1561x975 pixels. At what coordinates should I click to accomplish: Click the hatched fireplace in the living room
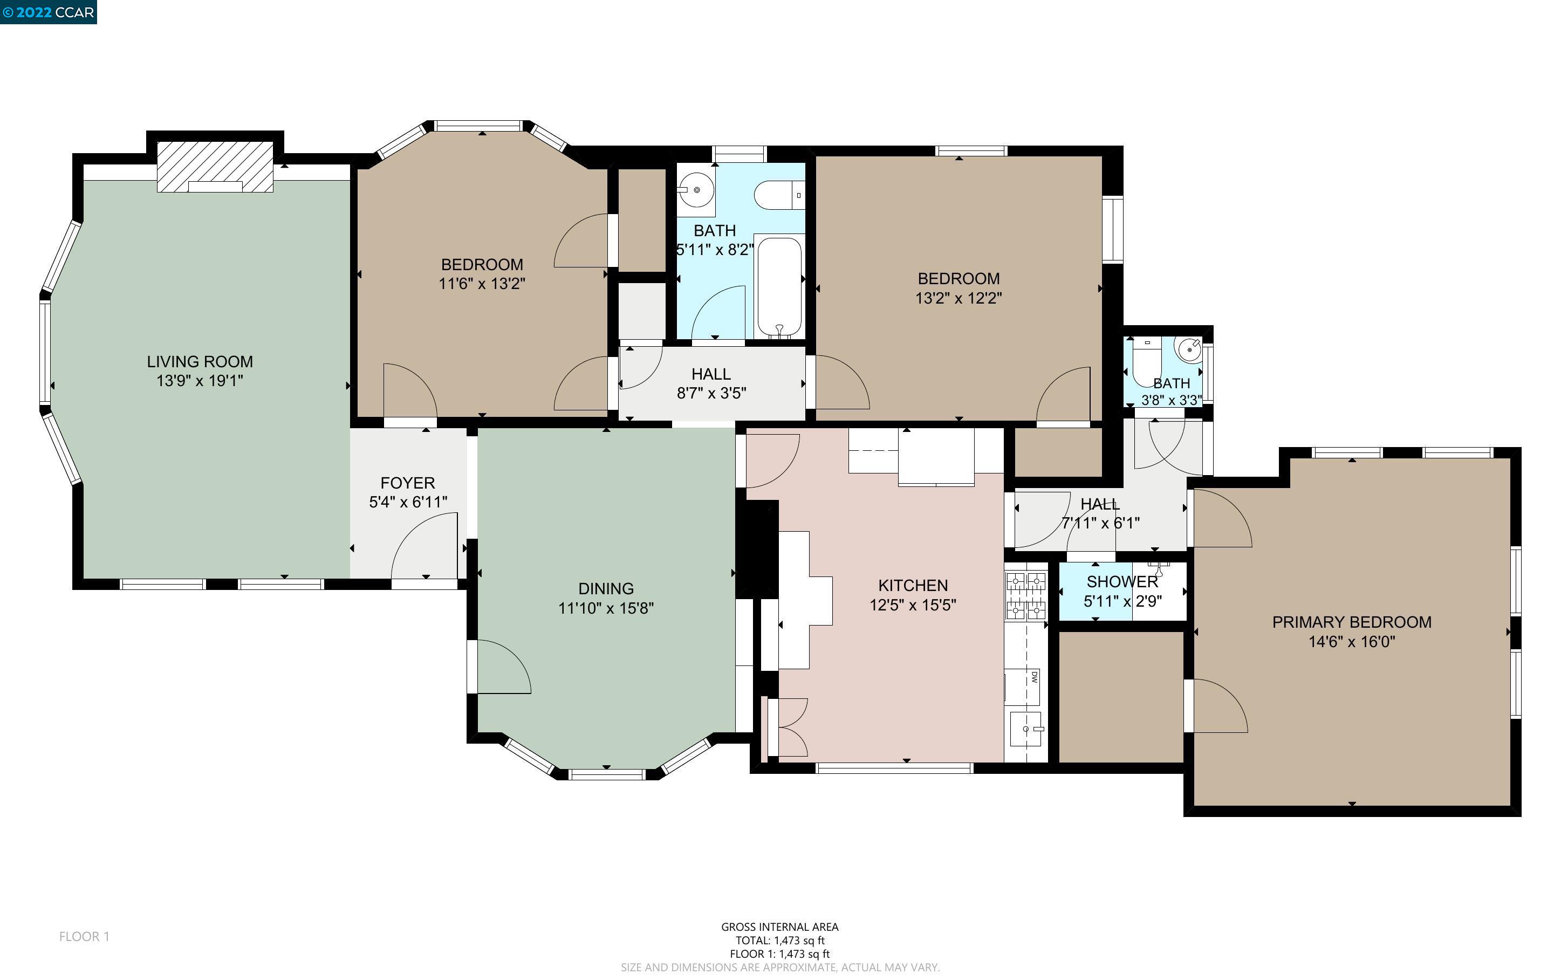215,167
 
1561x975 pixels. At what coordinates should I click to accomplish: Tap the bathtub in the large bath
779,285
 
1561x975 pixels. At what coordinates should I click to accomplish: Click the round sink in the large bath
696,190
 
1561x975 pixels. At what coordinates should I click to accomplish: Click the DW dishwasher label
1033,677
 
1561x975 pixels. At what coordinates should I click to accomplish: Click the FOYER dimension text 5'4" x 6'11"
407,502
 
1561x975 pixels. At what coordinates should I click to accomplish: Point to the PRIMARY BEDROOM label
1352,622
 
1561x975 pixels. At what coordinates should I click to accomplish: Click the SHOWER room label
1122,582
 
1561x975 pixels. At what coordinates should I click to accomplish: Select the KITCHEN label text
912,586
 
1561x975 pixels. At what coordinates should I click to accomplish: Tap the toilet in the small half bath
1146,362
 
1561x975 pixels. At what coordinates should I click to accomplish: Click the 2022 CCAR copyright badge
49,12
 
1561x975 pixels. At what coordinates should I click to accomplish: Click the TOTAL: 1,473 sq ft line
779,940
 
